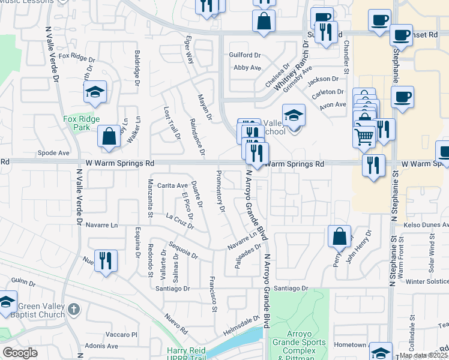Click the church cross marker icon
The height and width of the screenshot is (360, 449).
click(73, 310)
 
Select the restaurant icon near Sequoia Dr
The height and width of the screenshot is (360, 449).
click(106, 260)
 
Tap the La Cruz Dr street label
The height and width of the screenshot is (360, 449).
click(180, 222)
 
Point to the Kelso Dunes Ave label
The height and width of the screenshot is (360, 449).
click(426, 224)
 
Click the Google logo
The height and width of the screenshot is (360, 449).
click(20, 353)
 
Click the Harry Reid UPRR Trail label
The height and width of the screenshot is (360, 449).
click(186, 355)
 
